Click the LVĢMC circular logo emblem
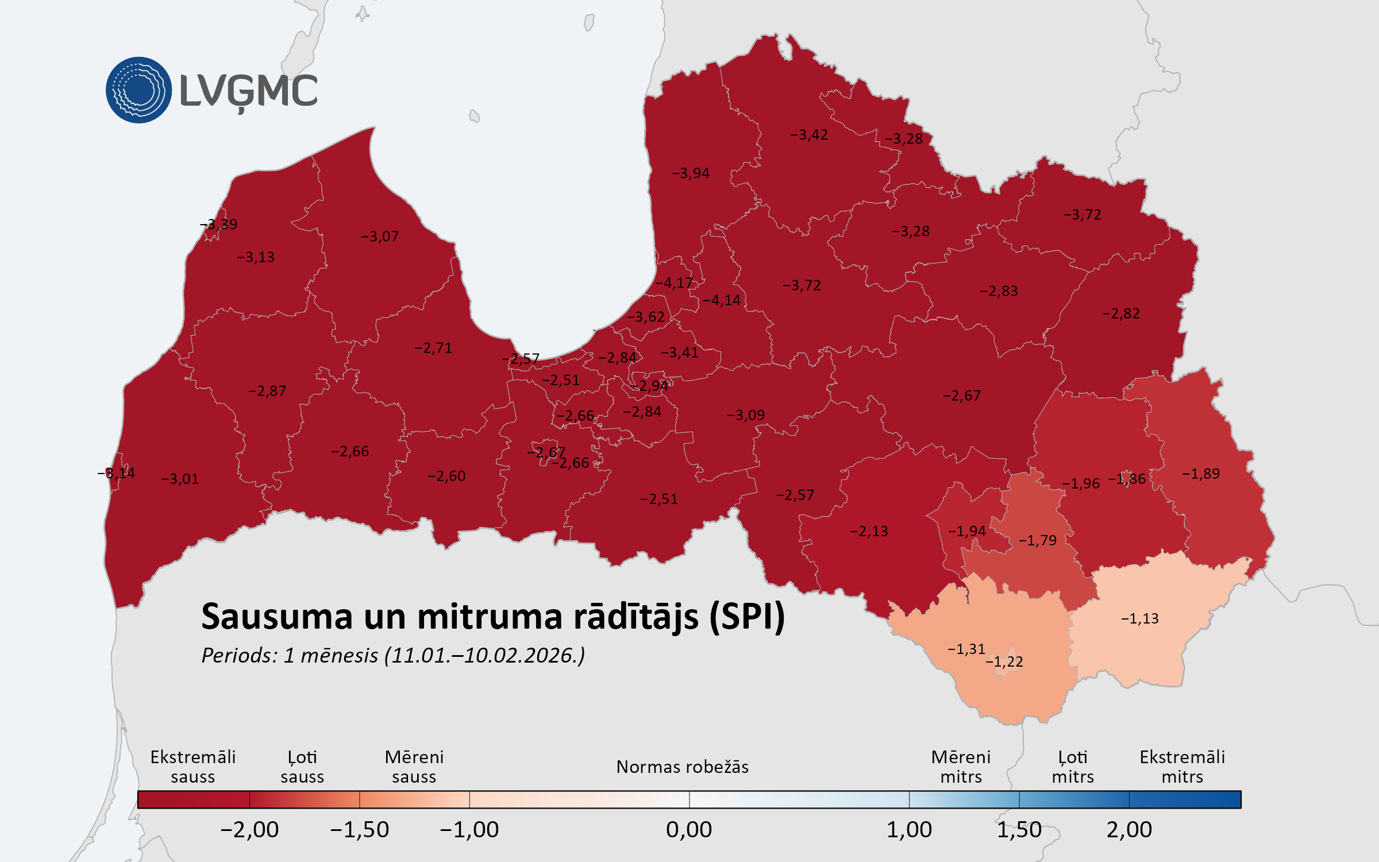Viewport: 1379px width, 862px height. (x=138, y=90)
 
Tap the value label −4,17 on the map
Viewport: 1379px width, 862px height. (x=674, y=283)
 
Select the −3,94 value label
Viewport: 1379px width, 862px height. (x=691, y=173)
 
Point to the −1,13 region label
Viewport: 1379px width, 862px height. (x=1140, y=618)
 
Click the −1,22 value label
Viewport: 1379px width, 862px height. (x=1004, y=661)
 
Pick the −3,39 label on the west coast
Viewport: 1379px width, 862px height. (x=218, y=224)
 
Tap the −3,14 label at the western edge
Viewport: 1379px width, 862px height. (x=116, y=473)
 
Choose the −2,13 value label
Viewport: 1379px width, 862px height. (x=869, y=531)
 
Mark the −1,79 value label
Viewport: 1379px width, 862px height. (x=1038, y=540)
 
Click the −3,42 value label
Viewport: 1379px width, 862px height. (x=809, y=134)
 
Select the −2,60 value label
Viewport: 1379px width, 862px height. (x=446, y=476)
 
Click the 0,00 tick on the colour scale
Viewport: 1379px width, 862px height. (x=689, y=829)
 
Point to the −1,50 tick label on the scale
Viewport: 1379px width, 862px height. (x=360, y=829)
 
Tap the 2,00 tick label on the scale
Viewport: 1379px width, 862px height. (x=1129, y=829)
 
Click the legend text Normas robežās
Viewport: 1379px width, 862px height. (x=682, y=767)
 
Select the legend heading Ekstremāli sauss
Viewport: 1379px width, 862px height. (x=193, y=767)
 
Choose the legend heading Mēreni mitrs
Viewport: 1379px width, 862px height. (x=961, y=767)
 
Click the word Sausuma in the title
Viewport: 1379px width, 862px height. (x=276, y=617)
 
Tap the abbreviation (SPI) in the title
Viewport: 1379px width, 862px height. (x=747, y=617)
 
